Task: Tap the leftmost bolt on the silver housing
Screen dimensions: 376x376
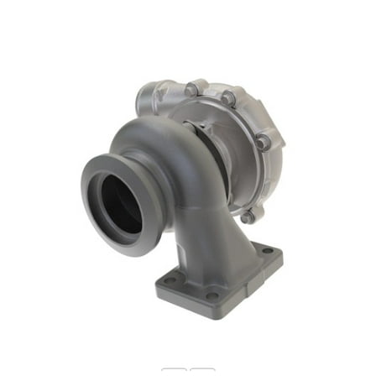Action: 192,88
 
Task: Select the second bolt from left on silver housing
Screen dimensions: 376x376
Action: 227,98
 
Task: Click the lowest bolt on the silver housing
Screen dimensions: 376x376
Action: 248,217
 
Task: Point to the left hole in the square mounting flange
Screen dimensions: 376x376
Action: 170,279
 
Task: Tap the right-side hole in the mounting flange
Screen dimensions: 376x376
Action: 267,250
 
